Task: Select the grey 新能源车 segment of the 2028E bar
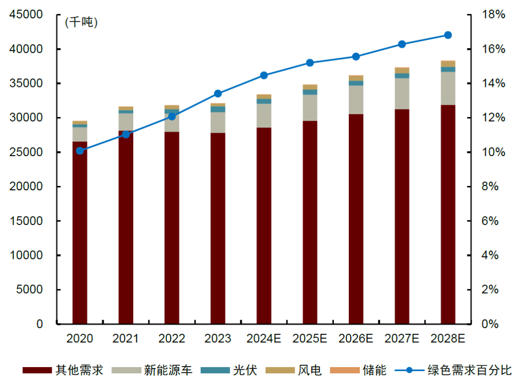pos(448,88)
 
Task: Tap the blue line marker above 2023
pos(218,94)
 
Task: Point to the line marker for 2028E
pos(448,35)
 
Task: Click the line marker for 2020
pos(80,151)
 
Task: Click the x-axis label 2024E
pos(264,339)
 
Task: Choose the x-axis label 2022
pos(172,339)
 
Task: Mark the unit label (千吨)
pos(81,22)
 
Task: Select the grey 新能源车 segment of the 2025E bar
pos(310,108)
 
